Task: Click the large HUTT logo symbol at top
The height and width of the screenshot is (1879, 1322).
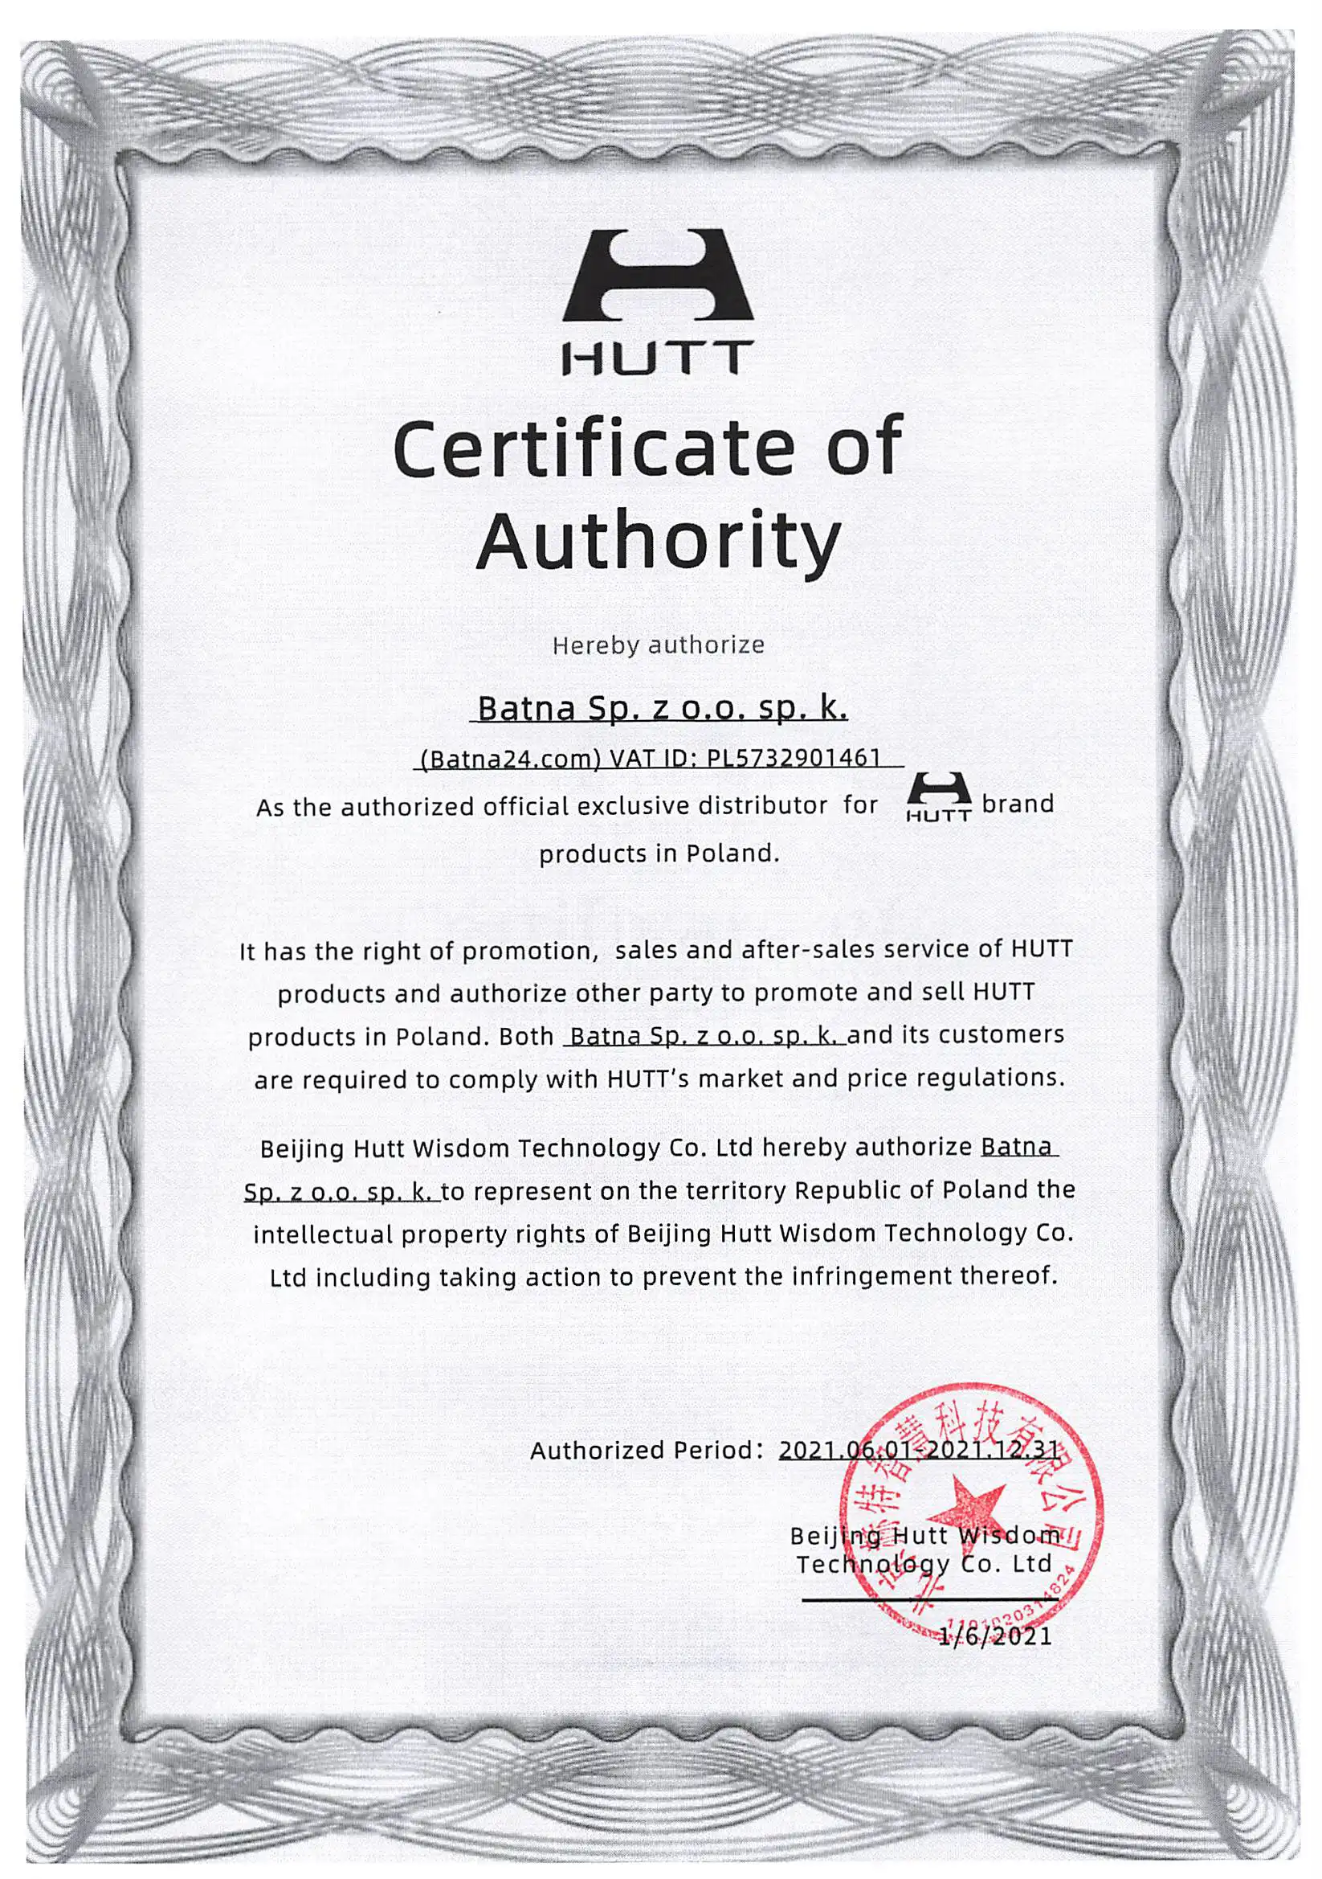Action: click(657, 276)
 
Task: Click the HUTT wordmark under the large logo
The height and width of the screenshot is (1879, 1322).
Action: click(657, 358)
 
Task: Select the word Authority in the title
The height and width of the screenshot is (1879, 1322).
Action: click(659, 542)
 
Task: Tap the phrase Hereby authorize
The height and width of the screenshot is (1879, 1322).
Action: click(658, 645)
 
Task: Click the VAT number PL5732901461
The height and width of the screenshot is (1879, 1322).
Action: click(793, 757)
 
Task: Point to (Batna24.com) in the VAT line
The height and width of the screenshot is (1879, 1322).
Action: click(510, 759)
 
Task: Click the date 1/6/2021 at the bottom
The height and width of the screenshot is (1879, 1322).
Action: click(994, 1636)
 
